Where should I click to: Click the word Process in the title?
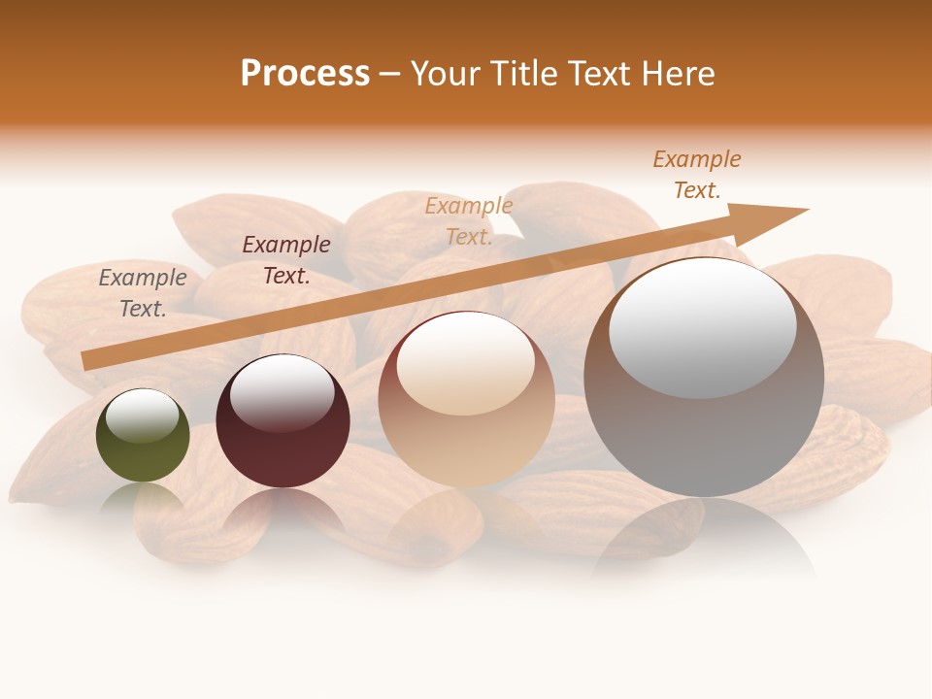click(305, 74)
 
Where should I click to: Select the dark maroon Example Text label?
click(286, 260)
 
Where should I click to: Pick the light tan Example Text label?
click(469, 220)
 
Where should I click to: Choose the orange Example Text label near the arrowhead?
click(697, 175)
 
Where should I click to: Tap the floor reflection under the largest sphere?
click(704, 539)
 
